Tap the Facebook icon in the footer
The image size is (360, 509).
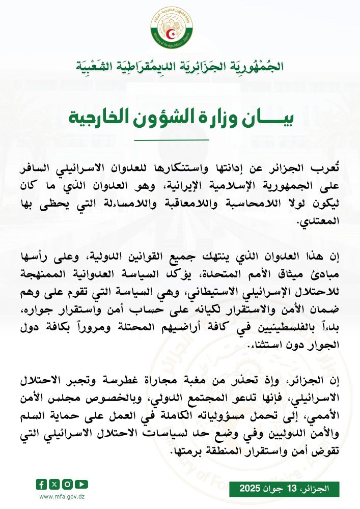pyautogui.click(x=42, y=484)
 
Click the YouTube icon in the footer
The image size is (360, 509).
pyautogui.click(x=81, y=484)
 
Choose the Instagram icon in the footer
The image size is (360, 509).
pyautogui.click(x=68, y=484)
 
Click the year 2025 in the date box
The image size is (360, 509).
pyautogui.click(x=253, y=489)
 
